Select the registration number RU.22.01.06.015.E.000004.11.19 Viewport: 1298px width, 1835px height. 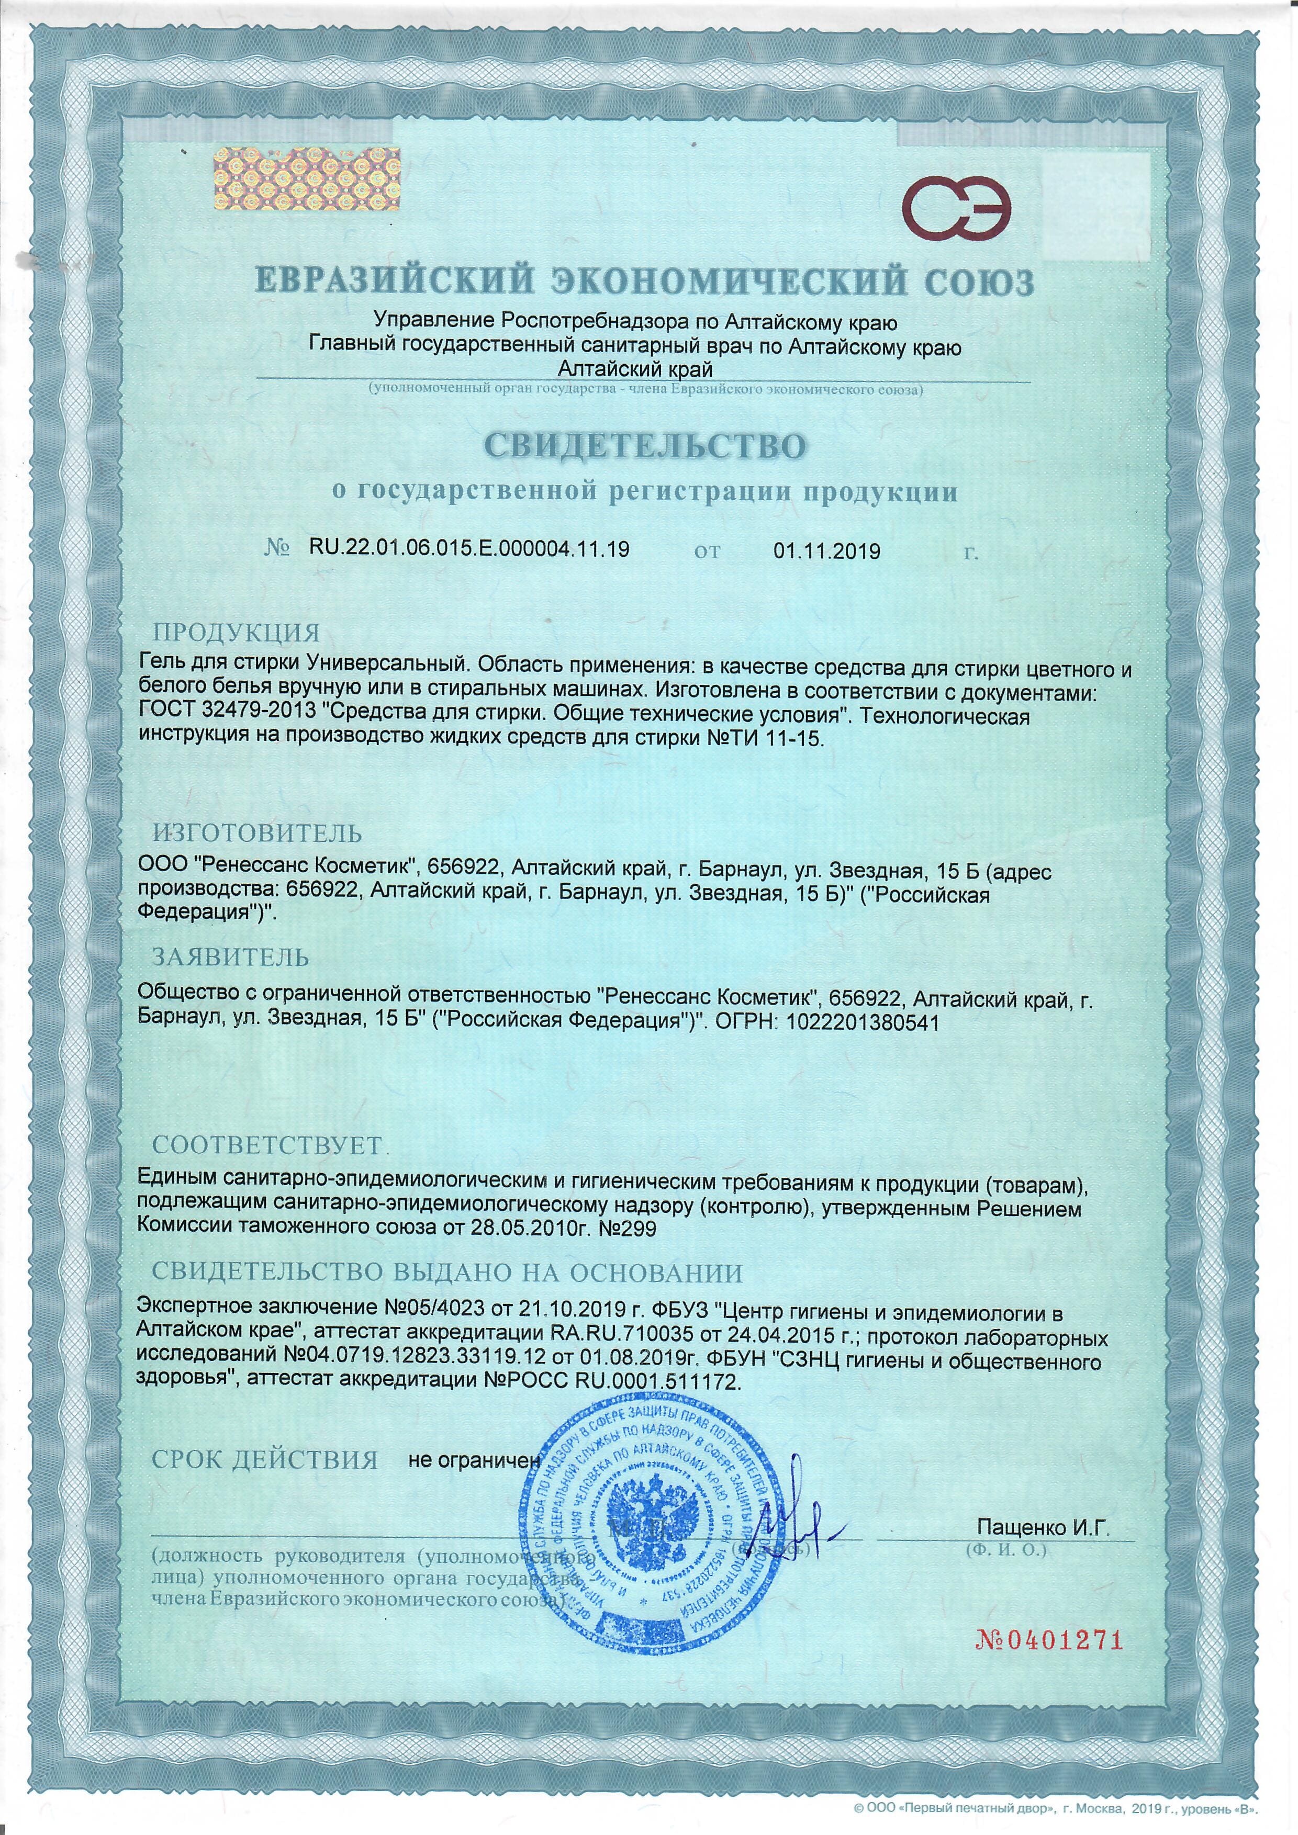[x=468, y=550]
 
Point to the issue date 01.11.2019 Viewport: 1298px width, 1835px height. [x=827, y=550]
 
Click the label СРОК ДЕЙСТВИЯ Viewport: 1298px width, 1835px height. [x=264, y=1460]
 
